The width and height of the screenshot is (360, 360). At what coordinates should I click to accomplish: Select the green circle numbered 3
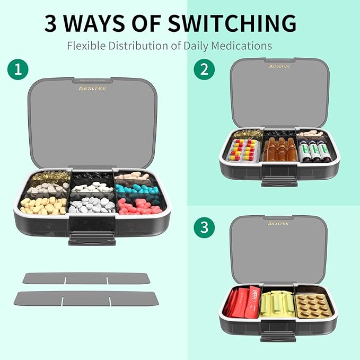point(204,228)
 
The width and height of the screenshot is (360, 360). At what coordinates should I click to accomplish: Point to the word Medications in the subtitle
point(242,46)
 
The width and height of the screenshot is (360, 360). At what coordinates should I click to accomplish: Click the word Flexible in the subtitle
point(86,46)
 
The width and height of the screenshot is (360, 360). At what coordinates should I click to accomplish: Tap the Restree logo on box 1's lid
point(77,87)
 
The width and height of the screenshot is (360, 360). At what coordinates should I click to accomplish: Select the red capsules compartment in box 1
point(139,206)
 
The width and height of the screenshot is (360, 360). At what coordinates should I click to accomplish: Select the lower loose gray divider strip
point(86,298)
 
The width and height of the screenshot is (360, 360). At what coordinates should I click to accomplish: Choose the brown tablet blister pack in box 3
point(314,305)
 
